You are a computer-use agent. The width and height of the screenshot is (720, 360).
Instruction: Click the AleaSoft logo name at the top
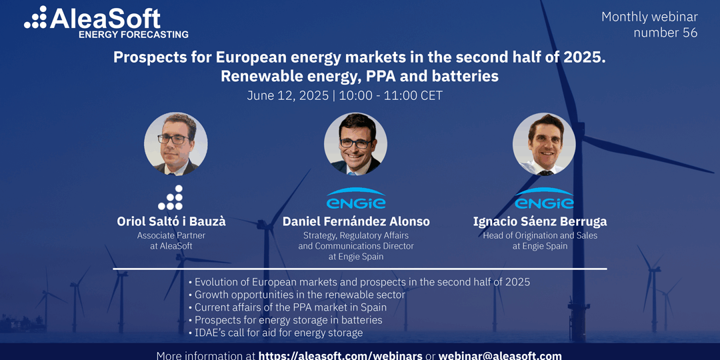tap(105, 19)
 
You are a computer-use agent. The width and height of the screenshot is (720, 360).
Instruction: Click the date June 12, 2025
tap(288, 95)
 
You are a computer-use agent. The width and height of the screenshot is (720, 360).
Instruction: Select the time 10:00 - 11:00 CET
tap(390, 95)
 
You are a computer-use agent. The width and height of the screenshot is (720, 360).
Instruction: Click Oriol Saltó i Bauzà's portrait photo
tap(176, 144)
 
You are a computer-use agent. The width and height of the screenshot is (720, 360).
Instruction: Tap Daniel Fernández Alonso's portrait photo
tap(356, 144)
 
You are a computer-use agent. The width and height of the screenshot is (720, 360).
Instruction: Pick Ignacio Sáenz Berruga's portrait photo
tap(544, 144)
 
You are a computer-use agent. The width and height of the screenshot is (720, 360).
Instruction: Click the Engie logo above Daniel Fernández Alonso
tap(356, 199)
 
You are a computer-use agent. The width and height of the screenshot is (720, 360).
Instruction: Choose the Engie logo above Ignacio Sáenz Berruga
tap(544, 199)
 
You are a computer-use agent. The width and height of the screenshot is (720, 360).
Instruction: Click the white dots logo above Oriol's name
tap(171, 198)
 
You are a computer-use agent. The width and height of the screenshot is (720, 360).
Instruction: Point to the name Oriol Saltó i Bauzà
tap(171, 222)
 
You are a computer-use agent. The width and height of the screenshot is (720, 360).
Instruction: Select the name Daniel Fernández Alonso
tap(356, 222)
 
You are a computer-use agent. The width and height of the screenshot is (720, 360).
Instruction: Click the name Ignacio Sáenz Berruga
tap(540, 222)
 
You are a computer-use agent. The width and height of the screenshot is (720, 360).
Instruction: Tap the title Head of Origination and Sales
tap(540, 235)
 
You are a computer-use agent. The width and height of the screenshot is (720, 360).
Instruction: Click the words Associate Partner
tap(171, 235)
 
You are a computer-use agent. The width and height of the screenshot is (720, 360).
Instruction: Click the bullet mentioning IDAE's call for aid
tap(275, 333)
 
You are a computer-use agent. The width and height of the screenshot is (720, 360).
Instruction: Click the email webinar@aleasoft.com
tap(500, 356)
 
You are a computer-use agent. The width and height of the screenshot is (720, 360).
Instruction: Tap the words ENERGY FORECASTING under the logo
tap(133, 35)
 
